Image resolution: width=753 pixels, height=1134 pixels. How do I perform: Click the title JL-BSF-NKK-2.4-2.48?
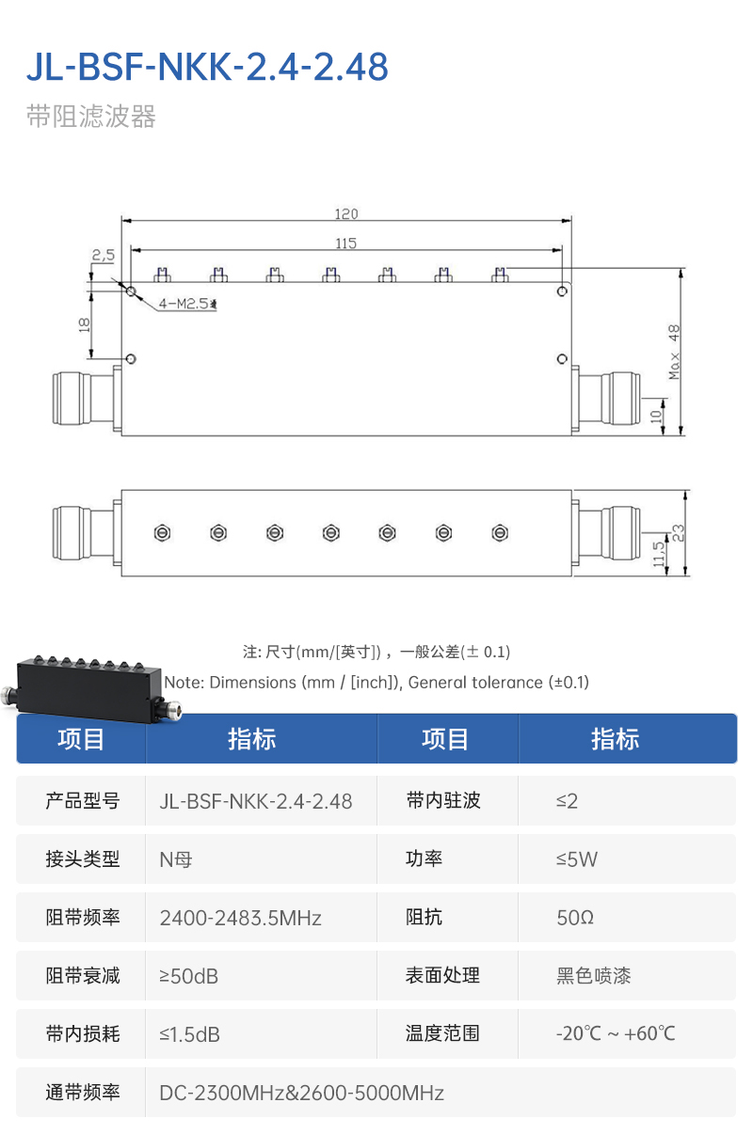[207, 68]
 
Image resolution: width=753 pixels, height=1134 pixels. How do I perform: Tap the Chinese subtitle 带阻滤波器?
[90, 117]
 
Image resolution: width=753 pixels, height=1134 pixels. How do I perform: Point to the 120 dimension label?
[346, 214]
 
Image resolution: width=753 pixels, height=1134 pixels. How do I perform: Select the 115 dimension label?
[346, 244]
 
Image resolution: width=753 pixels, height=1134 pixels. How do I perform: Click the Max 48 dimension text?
[674, 353]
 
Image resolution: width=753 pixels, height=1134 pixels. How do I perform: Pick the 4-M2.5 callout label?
[187, 304]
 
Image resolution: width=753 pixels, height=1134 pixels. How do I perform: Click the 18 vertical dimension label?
[84, 324]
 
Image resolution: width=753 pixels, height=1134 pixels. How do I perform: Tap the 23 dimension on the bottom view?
[679, 532]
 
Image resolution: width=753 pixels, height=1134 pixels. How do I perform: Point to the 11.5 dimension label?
[659, 553]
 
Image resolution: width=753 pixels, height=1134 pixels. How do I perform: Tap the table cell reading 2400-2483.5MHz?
[241, 918]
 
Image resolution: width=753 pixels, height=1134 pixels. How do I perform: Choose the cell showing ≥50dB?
[189, 976]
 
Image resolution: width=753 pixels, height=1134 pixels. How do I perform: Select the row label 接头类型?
[83, 858]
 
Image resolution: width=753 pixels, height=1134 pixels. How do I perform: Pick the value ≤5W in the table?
[577, 858]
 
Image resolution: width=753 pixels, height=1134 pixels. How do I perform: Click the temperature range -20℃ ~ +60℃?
[616, 1033]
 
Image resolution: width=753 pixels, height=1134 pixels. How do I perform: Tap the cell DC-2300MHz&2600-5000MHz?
[301, 1093]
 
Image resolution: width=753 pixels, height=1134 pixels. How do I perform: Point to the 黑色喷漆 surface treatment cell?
[594, 976]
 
